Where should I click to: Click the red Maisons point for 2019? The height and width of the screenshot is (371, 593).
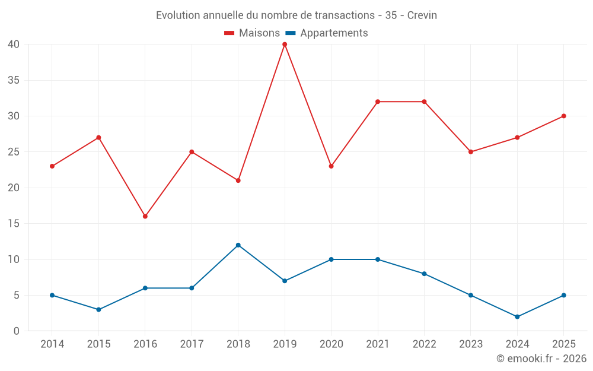[x=285, y=45]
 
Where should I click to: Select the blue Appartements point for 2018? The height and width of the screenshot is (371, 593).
[x=238, y=245]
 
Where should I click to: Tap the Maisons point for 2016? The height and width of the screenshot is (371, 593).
[x=145, y=217]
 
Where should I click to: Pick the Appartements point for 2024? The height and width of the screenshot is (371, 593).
[x=517, y=317]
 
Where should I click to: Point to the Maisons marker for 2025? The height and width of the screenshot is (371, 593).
[x=564, y=116]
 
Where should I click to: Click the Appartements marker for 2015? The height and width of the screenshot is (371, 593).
[x=98, y=310]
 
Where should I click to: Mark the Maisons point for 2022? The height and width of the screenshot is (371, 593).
[x=425, y=102]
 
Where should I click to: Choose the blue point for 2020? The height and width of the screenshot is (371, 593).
[x=331, y=260]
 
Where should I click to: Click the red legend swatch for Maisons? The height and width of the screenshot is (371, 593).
[x=229, y=33]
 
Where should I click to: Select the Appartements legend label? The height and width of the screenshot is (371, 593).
[x=334, y=33]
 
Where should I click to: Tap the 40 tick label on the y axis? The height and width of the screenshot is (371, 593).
[x=14, y=45]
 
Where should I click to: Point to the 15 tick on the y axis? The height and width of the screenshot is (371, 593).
[x=14, y=224]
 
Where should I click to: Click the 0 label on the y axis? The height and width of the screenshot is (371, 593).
[x=16, y=331]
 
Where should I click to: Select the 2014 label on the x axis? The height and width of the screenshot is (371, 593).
[x=52, y=344]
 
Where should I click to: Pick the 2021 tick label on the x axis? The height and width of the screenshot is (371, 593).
[x=378, y=344]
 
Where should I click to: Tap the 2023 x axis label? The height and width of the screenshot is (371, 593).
[x=471, y=344]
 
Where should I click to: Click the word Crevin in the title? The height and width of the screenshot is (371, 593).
[x=422, y=15]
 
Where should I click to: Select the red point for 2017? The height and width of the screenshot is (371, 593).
[x=192, y=152]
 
